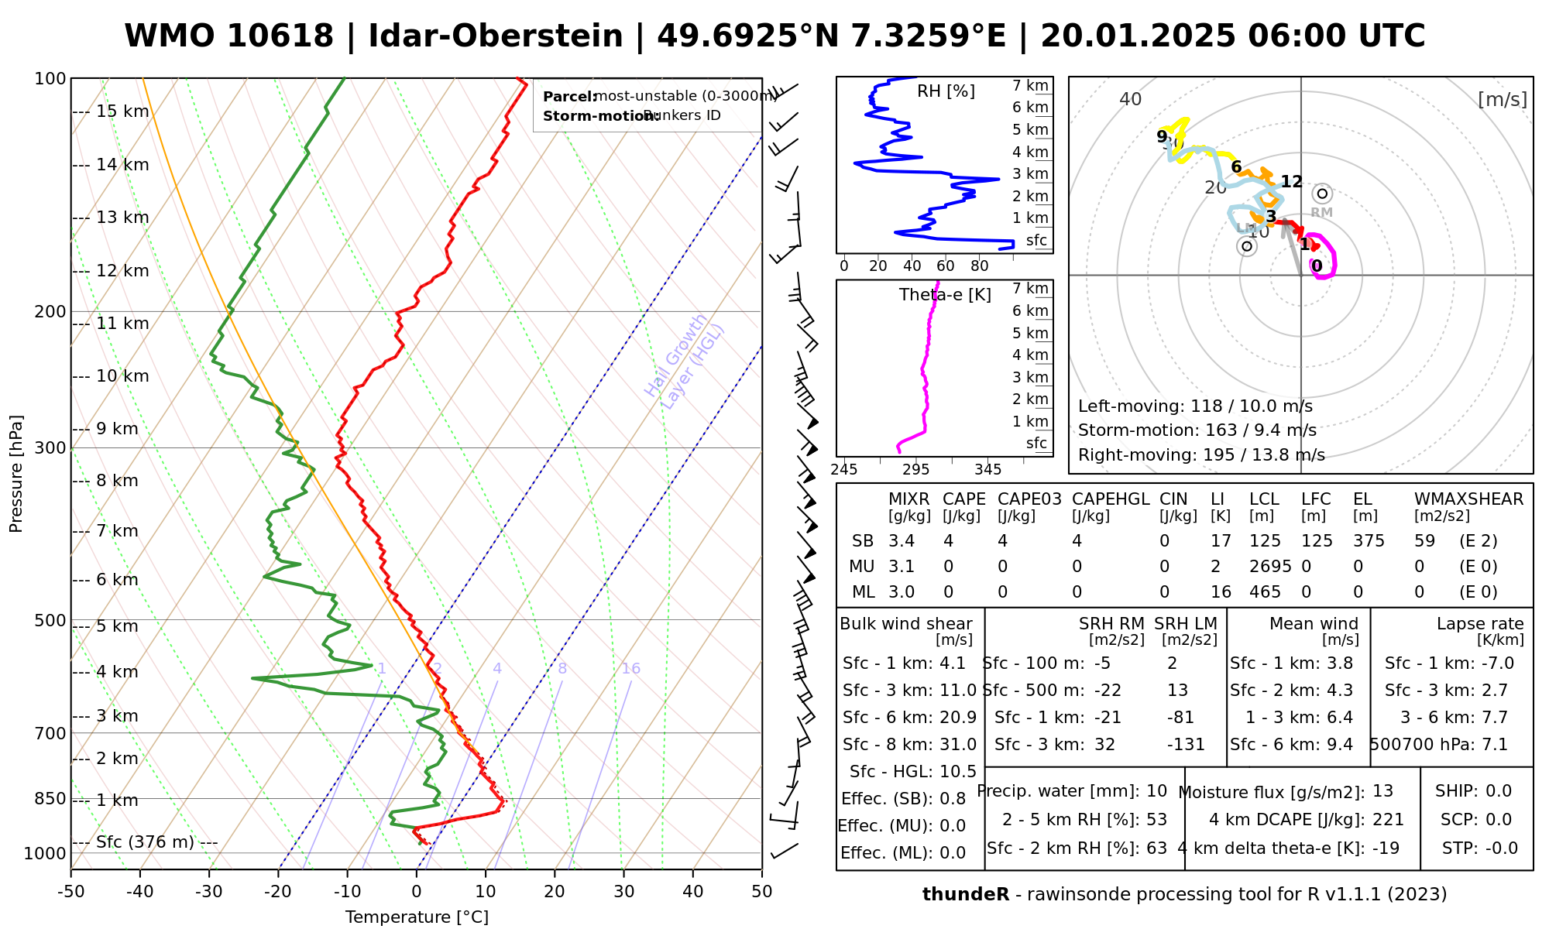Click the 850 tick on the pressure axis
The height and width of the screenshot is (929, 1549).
pyautogui.click(x=50, y=798)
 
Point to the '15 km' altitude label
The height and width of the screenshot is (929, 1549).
pyautogui.click(x=122, y=111)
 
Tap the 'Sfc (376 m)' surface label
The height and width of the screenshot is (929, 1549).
pyautogui.click(x=145, y=842)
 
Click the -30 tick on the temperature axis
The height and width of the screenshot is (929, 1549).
pyautogui.click(x=209, y=892)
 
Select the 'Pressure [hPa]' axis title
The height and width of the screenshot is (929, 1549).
pyautogui.click(x=16, y=474)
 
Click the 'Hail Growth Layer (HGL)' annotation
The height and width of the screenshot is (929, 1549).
pyautogui.click(x=685, y=361)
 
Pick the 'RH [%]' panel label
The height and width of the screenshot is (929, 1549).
pyautogui.click(x=946, y=91)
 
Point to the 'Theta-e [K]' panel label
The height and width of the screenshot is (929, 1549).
pyautogui.click(x=945, y=295)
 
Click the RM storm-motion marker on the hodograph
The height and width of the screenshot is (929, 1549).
pyautogui.click(x=1322, y=194)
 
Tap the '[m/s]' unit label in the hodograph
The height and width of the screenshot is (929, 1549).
pyautogui.click(x=1502, y=99)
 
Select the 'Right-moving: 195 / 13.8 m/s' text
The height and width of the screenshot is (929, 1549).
pyautogui.click(x=1201, y=455)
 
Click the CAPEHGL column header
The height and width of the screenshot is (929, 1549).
pyautogui.click(x=1111, y=499)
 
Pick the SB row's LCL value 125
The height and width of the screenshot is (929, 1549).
pyautogui.click(x=1265, y=541)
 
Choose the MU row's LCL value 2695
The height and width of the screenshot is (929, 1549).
pyautogui.click(x=1270, y=567)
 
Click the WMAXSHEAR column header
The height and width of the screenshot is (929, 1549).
pyautogui.click(x=1468, y=499)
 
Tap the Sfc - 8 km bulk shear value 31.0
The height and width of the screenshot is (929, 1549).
pyautogui.click(x=958, y=745)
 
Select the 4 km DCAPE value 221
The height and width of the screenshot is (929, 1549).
pyautogui.click(x=1388, y=820)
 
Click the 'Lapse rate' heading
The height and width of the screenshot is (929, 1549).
pyautogui.click(x=1480, y=624)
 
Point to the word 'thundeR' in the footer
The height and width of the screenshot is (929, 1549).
pyautogui.click(x=965, y=895)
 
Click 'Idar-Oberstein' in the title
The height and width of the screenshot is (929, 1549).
pyautogui.click(x=496, y=36)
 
